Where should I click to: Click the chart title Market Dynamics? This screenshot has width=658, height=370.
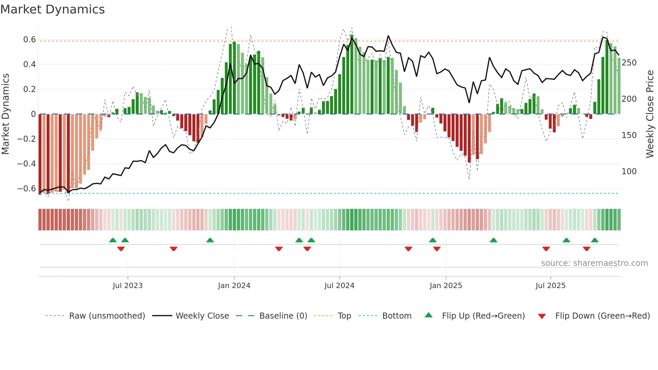tap(52, 9)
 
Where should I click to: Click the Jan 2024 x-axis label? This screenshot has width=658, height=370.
tap(234, 286)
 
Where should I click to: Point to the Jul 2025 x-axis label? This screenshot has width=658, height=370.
tap(550, 286)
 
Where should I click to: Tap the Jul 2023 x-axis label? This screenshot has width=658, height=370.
tap(128, 286)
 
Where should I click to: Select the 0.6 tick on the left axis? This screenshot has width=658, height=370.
tap(30, 40)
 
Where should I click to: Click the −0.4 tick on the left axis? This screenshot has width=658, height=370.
tap(27, 164)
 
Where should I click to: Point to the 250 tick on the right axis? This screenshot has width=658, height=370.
tap(629, 63)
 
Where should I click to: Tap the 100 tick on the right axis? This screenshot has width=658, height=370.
tap(629, 172)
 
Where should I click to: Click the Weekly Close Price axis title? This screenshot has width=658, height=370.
tap(650, 114)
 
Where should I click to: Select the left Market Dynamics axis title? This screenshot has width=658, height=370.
tap(5, 114)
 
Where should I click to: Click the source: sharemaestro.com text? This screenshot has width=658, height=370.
tap(594, 263)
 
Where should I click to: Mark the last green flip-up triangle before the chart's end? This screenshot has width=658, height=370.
tap(595, 240)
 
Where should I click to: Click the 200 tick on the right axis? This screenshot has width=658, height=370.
tap(629, 99)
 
